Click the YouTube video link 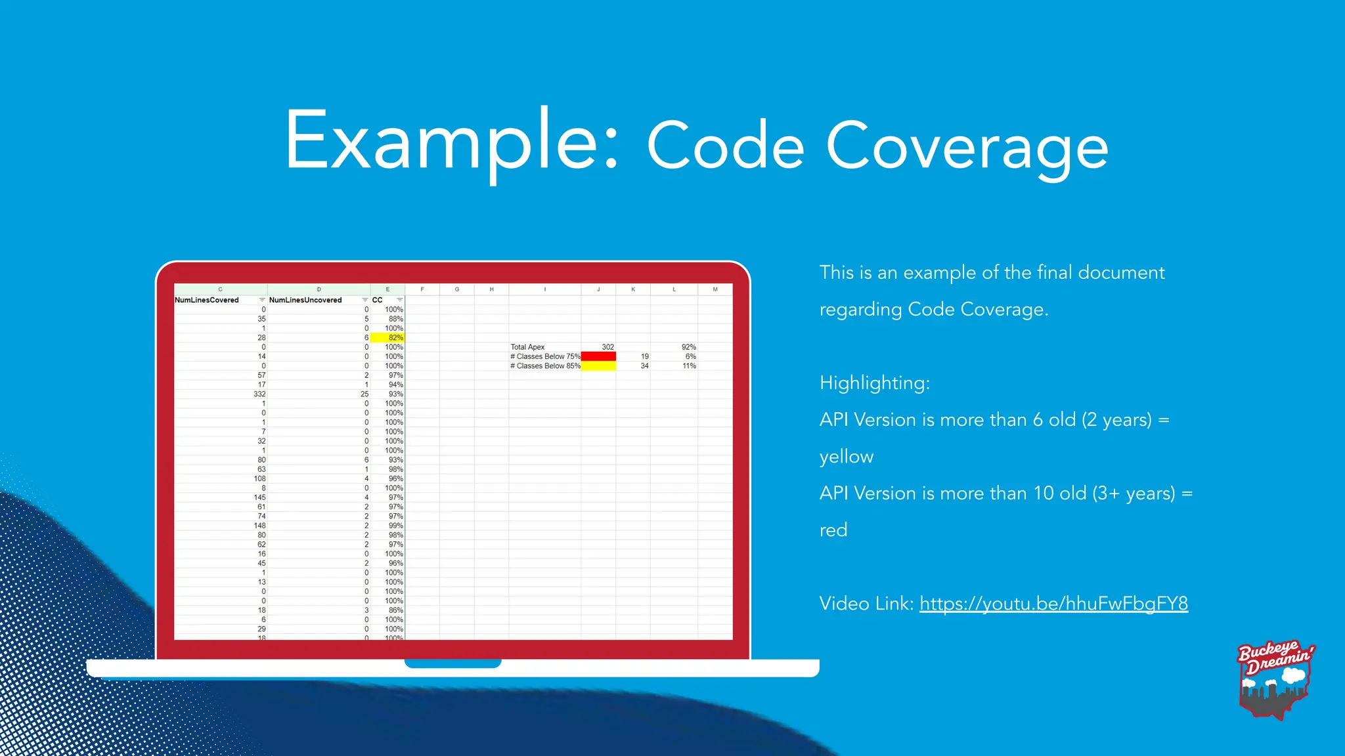[x=1053, y=604]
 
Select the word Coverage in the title [x=967, y=147]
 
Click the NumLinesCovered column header [x=207, y=300]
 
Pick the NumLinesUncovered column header [x=305, y=300]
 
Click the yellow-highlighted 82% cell [x=387, y=337]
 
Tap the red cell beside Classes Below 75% [x=598, y=356]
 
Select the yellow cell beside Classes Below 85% [x=598, y=366]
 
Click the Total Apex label [x=527, y=347]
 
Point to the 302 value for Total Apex [x=607, y=347]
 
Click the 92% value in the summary [x=688, y=347]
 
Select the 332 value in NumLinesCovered [x=259, y=394]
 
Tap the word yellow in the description [x=847, y=457]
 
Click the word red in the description [x=833, y=530]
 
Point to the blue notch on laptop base [x=452, y=663]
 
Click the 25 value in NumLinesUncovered [x=364, y=394]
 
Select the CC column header [x=378, y=300]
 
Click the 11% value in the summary [x=689, y=366]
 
